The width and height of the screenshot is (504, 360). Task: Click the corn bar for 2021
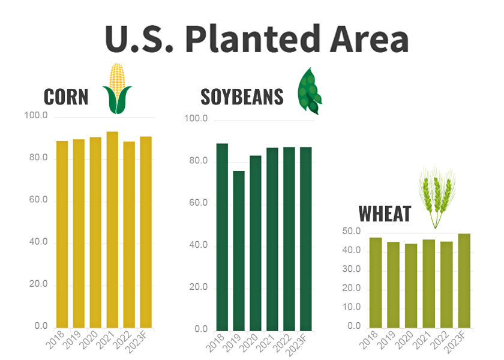(x=112, y=231)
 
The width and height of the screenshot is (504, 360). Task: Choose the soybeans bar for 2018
(x=222, y=237)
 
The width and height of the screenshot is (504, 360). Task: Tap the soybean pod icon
(x=310, y=91)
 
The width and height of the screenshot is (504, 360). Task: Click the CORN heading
(x=66, y=97)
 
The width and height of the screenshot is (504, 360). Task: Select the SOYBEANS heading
(x=242, y=97)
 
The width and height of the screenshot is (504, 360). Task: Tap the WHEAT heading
(x=385, y=214)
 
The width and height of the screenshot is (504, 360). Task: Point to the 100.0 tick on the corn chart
(x=36, y=115)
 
